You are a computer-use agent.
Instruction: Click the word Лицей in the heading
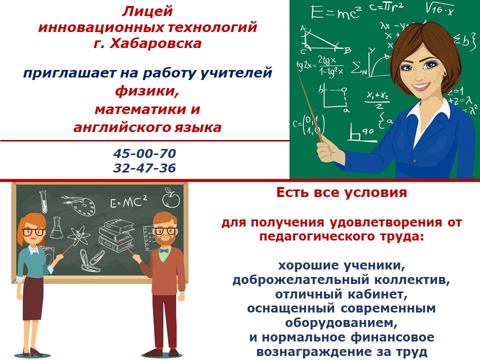147,11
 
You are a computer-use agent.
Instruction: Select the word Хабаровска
155,43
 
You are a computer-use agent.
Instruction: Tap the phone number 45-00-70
144,153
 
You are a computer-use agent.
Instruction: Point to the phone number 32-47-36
144,168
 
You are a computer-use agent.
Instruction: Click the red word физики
147,91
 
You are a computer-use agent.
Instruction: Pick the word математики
137,109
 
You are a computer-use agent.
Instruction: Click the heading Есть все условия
341,192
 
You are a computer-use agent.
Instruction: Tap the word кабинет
377,294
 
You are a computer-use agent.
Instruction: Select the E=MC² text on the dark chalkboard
128,201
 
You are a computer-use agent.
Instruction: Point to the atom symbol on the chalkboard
78,235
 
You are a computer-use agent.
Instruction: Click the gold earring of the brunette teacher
444,73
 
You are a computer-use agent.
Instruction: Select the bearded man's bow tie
164,251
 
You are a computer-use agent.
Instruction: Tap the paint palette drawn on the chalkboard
79,204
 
